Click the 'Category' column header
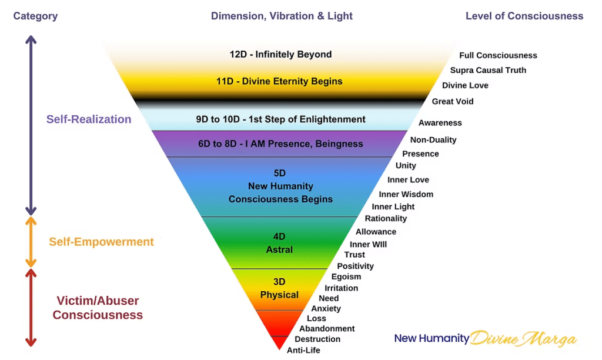pos(35,16)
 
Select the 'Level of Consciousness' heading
pos(524,16)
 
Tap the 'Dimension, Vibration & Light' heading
pos(282,16)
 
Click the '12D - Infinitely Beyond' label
pos(280,54)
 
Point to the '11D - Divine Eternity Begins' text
pos(279,81)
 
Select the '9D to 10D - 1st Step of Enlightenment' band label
pos(280,119)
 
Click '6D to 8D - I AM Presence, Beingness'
pos(280,144)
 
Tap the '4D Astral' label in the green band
pos(279,243)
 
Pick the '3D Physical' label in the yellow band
pos(279,288)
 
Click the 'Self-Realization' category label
pos(89,119)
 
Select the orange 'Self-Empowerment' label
pos(101,242)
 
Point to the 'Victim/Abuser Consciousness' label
pos(98,308)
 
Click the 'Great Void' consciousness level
pos(453,101)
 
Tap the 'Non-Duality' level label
pos(433,139)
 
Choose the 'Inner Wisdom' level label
pos(406,194)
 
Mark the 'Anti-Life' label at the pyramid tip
pos(303,351)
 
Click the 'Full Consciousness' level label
pos(498,55)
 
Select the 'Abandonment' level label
pos(327,329)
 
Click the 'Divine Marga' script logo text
pos(524,339)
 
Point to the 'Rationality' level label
pos(386,218)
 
